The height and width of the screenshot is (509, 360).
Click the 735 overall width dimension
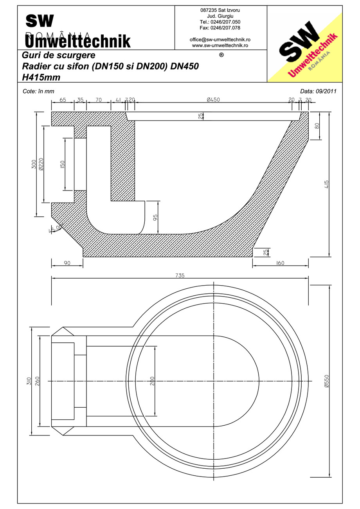click(x=180, y=275)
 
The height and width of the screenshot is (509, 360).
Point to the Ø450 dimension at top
click(x=213, y=100)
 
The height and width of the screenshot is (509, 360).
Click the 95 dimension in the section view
click(x=155, y=218)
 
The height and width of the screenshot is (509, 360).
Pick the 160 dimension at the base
click(x=280, y=263)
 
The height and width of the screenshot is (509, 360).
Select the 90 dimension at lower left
click(x=67, y=263)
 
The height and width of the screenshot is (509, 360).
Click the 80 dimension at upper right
click(x=317, y=126)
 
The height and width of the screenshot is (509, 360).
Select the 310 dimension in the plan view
click(x=29, y=381)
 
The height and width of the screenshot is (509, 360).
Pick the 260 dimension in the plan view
click(x=37, y=381)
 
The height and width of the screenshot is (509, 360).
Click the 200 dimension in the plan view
click(x=152, y=381)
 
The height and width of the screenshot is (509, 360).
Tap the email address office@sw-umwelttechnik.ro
click(x=220, y=40)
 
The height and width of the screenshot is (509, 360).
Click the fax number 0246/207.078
click(x=220, y=28)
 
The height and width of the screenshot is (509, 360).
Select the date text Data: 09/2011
click(x=318, y=91)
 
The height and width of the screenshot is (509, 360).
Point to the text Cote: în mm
click(x=39, y=91)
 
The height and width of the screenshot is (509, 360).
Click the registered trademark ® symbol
click(x=221, y=55)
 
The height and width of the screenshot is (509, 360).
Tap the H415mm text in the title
click(x=41, y=77)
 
